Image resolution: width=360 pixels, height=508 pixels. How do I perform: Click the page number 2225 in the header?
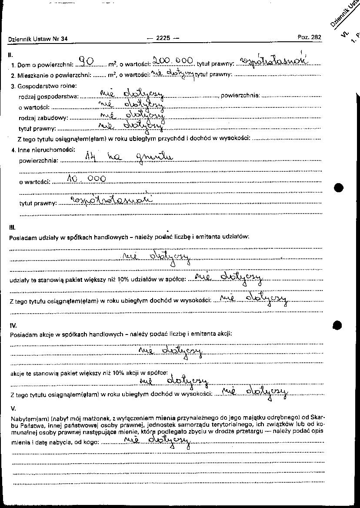pos(163,38)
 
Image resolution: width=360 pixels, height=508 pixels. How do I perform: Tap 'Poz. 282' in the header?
pos(309,37)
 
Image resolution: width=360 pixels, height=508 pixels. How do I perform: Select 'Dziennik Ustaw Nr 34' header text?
pos(38,39)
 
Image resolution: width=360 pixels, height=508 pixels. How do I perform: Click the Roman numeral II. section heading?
pos(10,55)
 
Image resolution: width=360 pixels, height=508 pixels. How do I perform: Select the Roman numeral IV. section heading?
pos(13,325)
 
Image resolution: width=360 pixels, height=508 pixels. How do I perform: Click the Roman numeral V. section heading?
pos(13,408)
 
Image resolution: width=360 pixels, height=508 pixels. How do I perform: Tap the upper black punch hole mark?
pos(339,187)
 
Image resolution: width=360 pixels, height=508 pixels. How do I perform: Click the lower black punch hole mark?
pos(338,325)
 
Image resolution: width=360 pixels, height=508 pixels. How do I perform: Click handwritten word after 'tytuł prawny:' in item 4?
pos(112,200)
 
